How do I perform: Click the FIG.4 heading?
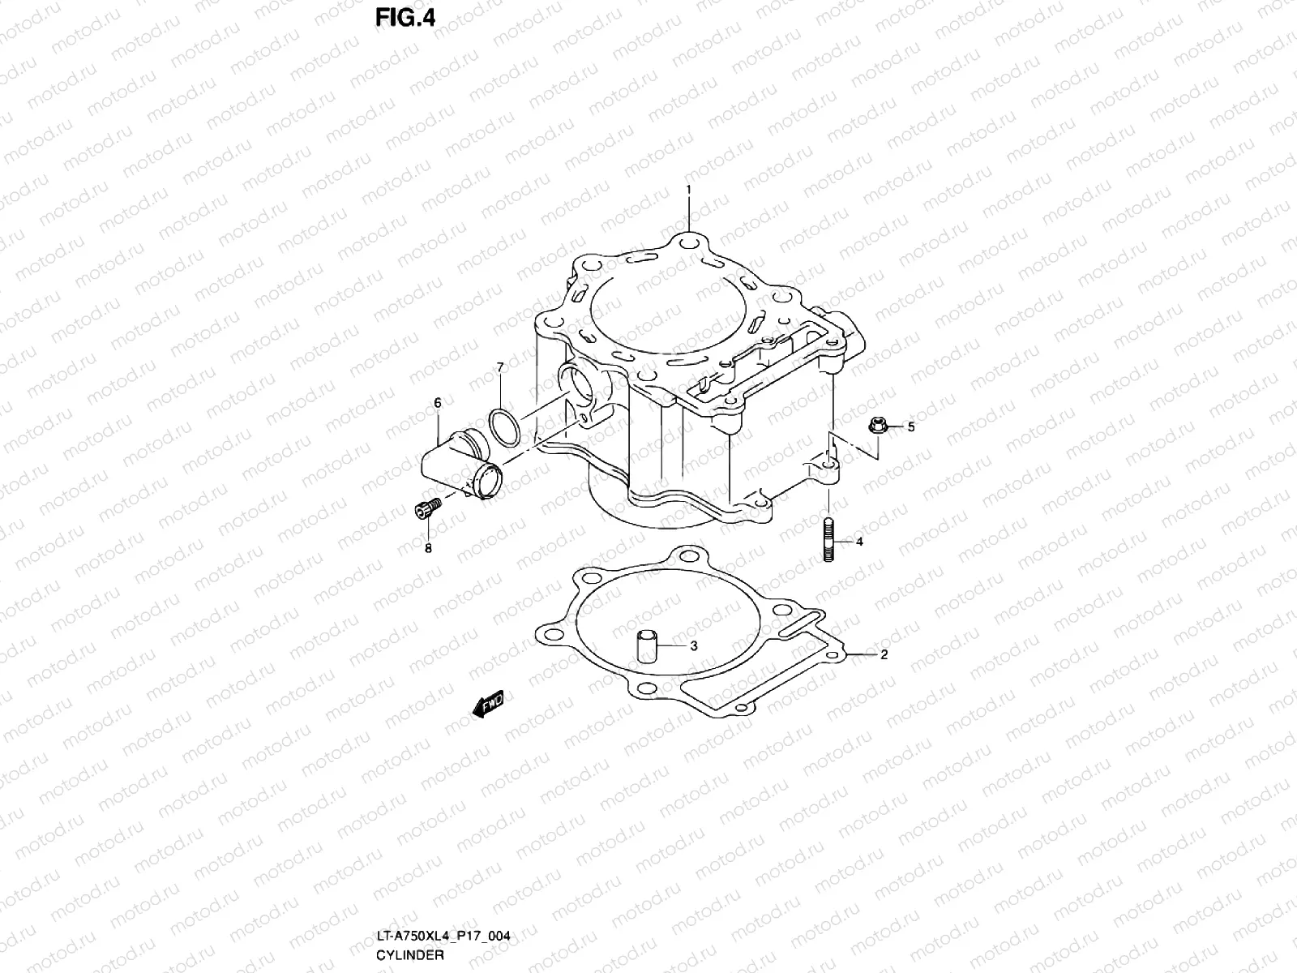click(x=405, y=17)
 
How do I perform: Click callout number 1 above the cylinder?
click(x=688, y=189)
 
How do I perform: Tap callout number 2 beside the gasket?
click(x=884, y=654)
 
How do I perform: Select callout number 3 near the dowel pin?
click(x=693, y=645)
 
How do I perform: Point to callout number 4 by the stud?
click(x=859, y=542)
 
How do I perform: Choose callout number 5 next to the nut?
click(x=910, y=426)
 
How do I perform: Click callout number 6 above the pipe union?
click(x=437, y=403)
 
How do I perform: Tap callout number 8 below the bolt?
click(x=428, y=548)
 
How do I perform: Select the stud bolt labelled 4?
click(x=829, y=541)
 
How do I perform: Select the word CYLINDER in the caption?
click(x=409, y=954)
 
